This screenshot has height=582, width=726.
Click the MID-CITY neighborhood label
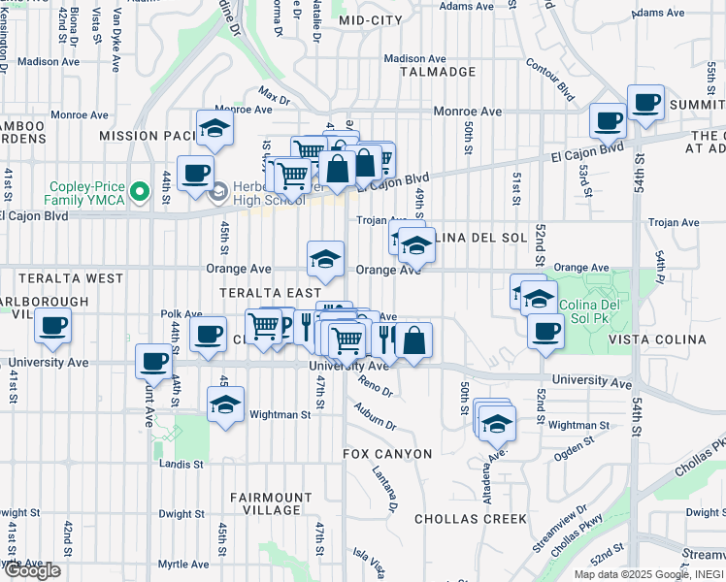click(370, 19)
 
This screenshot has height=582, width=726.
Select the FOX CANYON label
click(387, 454)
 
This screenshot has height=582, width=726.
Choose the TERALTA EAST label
click(270, 292)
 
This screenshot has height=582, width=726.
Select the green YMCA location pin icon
click(140, 190)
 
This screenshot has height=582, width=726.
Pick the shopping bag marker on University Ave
click(412, 339)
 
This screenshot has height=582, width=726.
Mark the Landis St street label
click(181, 464)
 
